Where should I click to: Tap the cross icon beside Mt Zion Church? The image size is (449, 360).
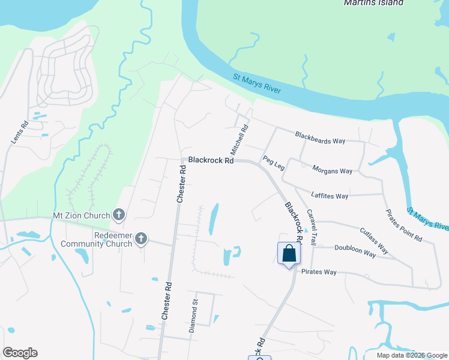point(119,215)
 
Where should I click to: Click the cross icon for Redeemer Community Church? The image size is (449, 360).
point(141,239)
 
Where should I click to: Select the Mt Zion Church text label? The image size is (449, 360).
point(81,215)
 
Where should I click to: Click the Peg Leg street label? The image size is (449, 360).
point(273,162)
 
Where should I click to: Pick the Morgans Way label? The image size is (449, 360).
point(333,170)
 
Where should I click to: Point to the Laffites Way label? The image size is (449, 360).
point(330,196)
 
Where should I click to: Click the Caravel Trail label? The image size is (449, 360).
point(312,227)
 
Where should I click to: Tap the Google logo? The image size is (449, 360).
point(20,353)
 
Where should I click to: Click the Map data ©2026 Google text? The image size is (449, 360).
point(411,355)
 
